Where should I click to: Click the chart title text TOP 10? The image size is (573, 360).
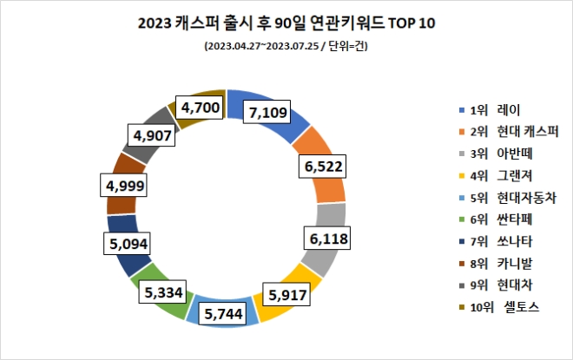(x=405, y=23)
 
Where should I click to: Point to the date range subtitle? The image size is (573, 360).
(x=286, y=46)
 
